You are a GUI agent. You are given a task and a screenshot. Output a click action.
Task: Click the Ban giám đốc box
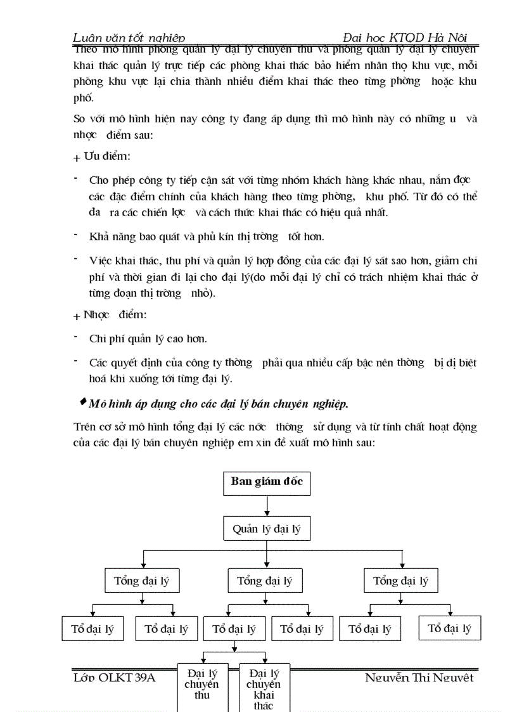tap(267, 482)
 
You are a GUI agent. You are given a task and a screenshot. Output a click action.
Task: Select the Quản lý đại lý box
tap(267, 529)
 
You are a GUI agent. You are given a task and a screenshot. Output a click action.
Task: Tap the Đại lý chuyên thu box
tap(201, 685)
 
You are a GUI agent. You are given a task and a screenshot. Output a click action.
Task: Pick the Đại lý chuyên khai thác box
tap(263, 687)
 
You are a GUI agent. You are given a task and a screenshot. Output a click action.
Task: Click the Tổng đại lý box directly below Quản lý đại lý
tap(265, 581)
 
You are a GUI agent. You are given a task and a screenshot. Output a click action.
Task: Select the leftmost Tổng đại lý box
tap(141, 581)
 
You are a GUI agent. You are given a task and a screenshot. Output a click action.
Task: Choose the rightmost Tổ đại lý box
tap(449, 628)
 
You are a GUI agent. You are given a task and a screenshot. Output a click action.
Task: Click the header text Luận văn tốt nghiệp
tap(129, 39)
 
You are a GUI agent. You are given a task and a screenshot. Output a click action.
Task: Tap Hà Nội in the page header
tap(450, 38)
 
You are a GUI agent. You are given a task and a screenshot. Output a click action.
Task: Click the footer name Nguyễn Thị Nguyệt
tap(419, 678)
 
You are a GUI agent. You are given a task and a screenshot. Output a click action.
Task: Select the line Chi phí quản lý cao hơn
tap(148, 339)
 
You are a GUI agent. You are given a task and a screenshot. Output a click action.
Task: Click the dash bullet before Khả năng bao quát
tap(75, 235)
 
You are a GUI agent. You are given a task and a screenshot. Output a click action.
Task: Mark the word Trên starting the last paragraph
tap(83, 427)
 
